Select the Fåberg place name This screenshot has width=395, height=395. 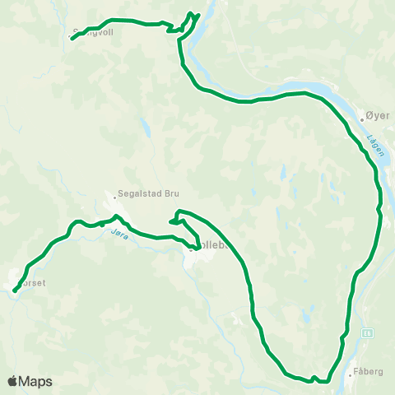(367, 372)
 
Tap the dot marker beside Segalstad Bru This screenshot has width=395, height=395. (114, 196)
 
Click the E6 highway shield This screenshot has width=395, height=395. (366, 332)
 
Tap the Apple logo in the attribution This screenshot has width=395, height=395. (13, 381)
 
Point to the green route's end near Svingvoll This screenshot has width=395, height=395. (72, 38)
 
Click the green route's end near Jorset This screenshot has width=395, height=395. (15, 290)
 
